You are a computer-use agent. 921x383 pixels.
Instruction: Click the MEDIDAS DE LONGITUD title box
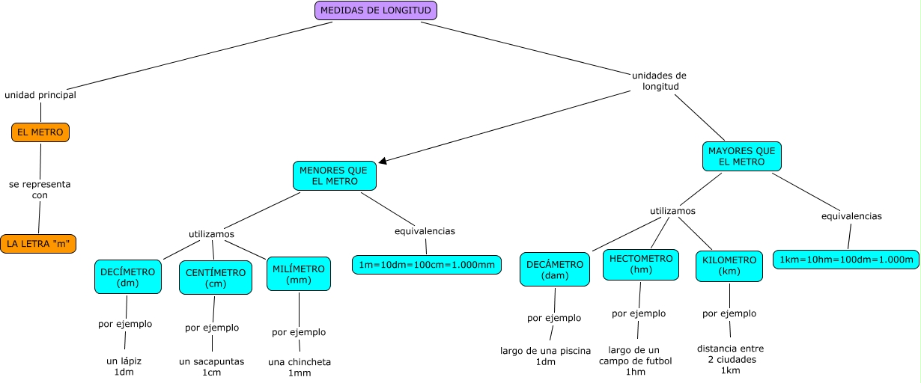tap(375, 10)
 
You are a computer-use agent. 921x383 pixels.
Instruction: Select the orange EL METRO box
tap(40, 132)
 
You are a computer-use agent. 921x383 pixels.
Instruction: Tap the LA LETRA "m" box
tap(38, 244)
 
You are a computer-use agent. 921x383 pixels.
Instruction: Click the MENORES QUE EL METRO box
tap(334, 176)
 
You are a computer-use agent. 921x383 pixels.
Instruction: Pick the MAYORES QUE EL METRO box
tap(742, 156)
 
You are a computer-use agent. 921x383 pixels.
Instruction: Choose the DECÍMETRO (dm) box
tap(127, 278)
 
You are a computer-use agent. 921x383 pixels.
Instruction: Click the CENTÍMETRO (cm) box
tap(216, 278)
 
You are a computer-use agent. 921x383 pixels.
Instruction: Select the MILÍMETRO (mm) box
tap(299, 275)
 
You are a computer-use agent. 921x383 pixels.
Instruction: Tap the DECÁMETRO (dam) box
tap(555, 269)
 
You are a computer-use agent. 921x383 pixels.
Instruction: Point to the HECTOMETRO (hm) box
tap(641, 264)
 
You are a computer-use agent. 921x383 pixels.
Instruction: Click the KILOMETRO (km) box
tap(729, 266)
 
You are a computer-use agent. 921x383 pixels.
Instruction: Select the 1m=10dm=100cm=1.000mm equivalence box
tap(426, 264)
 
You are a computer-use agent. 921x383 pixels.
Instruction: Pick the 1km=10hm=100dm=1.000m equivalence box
tap(846, 260)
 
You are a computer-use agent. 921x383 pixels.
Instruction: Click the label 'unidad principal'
tap(40, 95)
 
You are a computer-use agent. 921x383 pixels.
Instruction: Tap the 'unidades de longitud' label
tap(660, 81)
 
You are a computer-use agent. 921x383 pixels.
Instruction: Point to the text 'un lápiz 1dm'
tap(124, 367)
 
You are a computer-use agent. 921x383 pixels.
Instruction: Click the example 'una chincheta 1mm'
tap(300, 367)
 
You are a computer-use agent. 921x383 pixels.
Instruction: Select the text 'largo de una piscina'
tap(546, 351)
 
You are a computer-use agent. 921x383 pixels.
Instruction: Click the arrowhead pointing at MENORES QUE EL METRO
tap(383, 160)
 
